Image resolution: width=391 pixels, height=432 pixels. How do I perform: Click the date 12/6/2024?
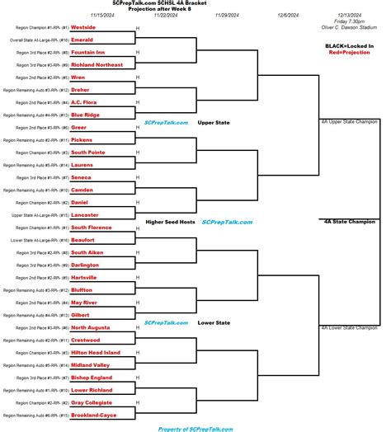(x=288, y=15)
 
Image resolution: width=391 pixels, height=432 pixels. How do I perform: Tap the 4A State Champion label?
(x=350, y=221)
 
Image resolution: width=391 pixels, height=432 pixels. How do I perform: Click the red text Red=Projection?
(x=349, y=53)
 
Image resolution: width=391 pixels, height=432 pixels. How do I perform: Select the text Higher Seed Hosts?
(x=170, y=221)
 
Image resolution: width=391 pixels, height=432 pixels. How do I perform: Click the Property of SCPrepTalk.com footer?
(x=195, y=428)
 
